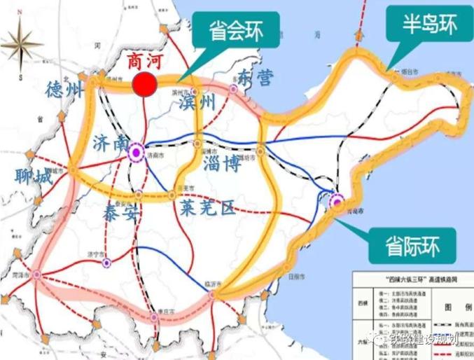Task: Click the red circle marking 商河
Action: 144,84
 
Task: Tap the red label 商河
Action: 144,60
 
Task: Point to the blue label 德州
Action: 64,90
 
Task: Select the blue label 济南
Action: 109,144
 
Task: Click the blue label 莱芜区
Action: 207,207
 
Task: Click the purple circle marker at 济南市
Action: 135,149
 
